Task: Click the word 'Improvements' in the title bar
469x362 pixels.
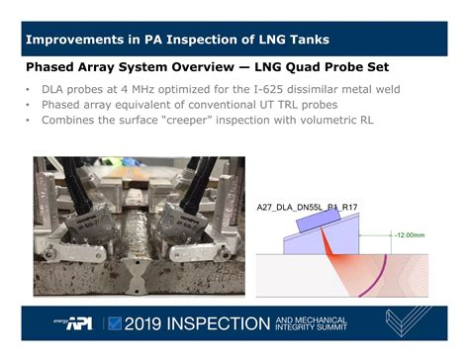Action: (x=72, y=41)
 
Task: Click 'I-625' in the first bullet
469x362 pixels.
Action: (x=256, y=89)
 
